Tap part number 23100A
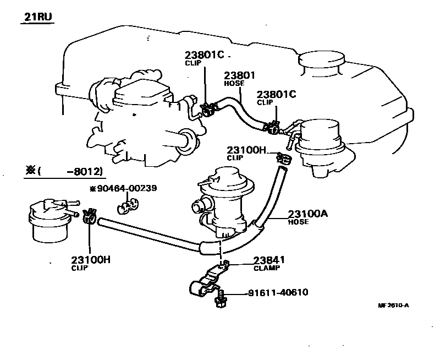tap(309, 214)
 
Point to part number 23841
tap(269, 260)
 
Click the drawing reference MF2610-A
tap(394, 306)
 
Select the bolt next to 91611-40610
tap(221, 300)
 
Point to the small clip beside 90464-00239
tap(128, 206)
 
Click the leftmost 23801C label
tap(204, 56)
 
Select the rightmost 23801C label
tap(276, 94)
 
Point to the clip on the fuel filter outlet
tap(90, 216)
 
